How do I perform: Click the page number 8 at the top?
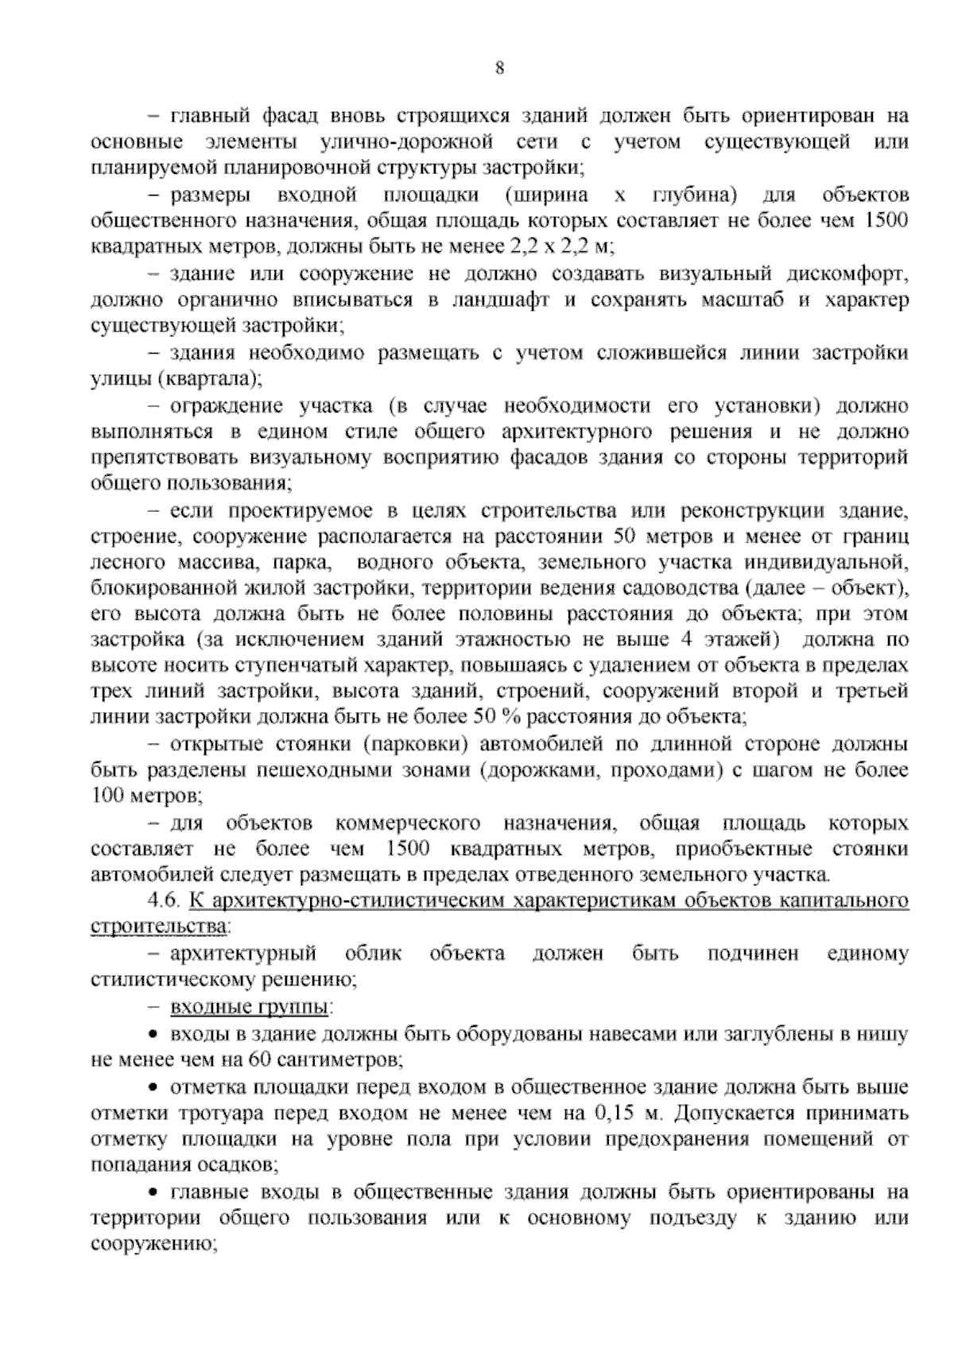pyautogui.click(x=499, y=68)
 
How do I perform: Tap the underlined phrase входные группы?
pyautogui.click(x=249, y=1007)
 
